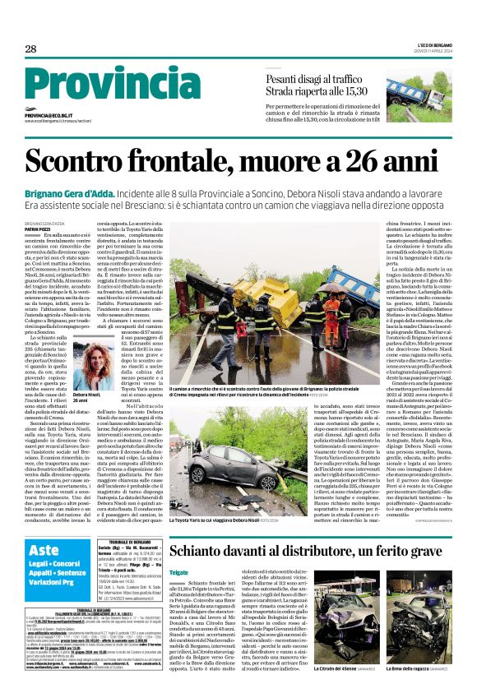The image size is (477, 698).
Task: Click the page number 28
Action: coord(30,49)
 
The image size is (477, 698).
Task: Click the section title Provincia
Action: coord(107,82)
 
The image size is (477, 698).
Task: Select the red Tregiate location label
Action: coord(178,548)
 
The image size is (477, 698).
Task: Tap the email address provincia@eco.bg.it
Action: coord(59,116)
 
